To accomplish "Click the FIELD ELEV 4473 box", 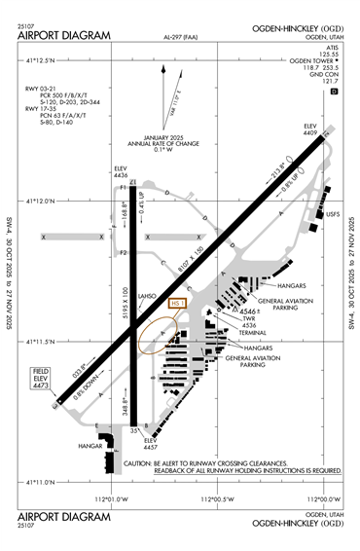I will (41, 378).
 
